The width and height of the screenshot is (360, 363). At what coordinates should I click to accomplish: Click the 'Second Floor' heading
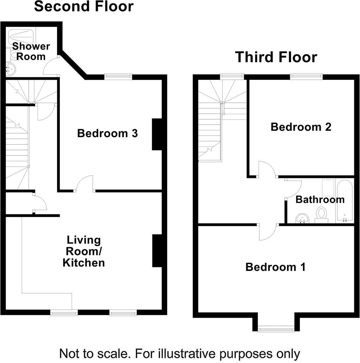point(84,6)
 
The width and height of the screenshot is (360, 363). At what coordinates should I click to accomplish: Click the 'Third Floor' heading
point(276,57)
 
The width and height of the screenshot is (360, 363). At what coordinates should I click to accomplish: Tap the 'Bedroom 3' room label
point(107,134)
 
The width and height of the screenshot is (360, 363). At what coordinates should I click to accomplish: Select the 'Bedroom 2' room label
point(301,127)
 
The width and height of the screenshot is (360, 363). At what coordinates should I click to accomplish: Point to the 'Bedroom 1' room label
point(275,267)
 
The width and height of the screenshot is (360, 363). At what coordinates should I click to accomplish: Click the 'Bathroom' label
point(320,200)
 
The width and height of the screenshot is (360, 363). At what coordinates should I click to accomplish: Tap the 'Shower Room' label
point(31,51)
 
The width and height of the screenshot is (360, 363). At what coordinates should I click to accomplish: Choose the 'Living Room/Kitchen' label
point(84,251)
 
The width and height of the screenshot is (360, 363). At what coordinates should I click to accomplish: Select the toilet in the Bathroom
point(321,214)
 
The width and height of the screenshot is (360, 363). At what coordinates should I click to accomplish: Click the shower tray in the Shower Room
point(22,35)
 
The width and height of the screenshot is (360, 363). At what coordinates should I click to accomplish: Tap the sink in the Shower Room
point(11,69)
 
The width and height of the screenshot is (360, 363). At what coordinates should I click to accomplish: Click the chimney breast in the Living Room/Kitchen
point(157,250)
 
